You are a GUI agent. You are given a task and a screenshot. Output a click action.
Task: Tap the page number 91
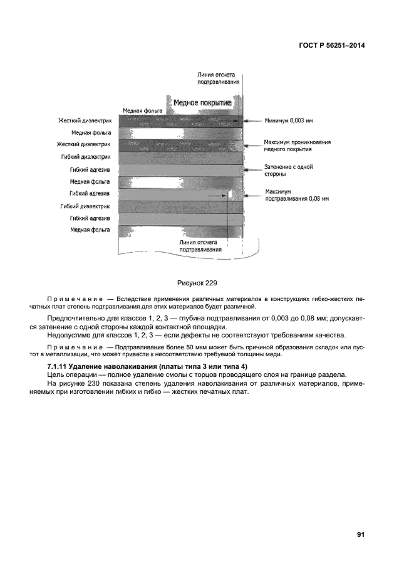point(361,534)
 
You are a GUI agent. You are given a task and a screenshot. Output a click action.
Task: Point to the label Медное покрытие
point(202,102)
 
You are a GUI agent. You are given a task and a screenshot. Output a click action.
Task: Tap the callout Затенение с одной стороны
point(288,171)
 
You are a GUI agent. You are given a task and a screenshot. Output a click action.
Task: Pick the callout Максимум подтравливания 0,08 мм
point(296,195)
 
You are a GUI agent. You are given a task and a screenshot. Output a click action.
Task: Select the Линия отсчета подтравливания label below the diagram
point(200,245)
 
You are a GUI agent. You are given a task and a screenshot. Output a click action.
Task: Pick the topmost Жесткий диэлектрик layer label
point(85,121)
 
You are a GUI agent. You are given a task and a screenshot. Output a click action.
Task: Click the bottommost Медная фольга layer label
point(91,230)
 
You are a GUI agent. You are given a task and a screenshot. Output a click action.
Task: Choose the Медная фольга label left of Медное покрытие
point(142,110)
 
